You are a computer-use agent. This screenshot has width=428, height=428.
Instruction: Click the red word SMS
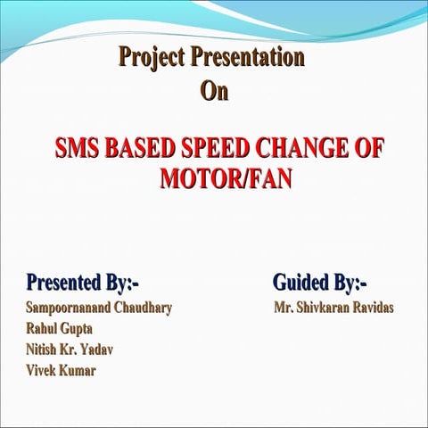[78, 147]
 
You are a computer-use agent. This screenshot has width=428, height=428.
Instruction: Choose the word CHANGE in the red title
[295, 147]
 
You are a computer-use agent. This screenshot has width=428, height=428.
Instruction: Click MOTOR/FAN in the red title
[226, 177]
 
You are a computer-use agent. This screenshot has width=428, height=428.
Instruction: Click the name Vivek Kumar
[62, 370]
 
